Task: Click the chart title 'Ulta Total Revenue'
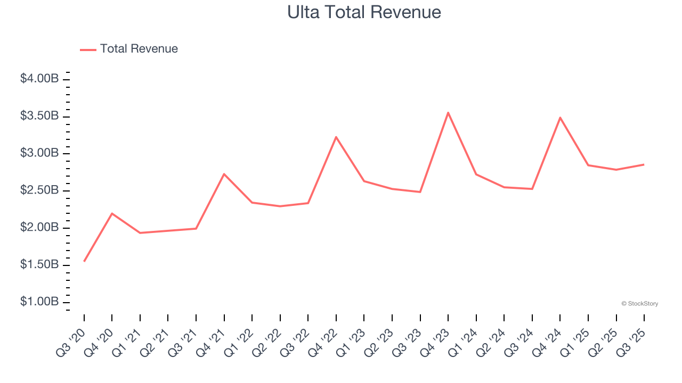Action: point(364,12)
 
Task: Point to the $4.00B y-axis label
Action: point(39,79)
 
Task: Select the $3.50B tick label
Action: point(39,116)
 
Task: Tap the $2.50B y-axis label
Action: point(39,190)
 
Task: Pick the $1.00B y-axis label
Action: point(39,302)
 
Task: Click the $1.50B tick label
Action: point(39,265)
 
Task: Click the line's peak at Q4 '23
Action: point(448,112)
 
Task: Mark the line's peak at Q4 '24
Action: point(560,118)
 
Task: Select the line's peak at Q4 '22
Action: point(336,137)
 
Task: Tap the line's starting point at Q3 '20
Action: point(84,261)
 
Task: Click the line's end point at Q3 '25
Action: point(644,164)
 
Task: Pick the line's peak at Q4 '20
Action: point(112,213)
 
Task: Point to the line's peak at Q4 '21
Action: point(224,174)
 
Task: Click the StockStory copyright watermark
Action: point(639,304)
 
